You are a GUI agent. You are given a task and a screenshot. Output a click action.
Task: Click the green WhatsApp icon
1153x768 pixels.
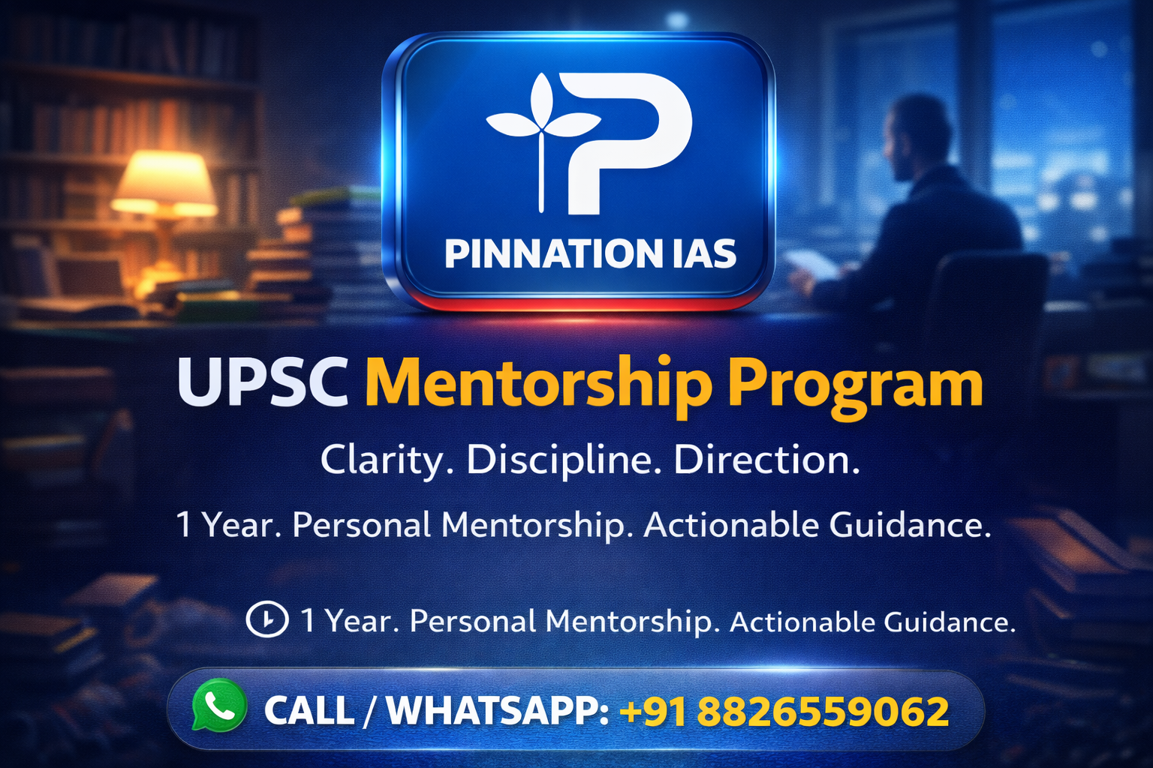click(218, 706)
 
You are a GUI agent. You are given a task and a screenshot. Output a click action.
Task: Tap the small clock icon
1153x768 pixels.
click(266, 620)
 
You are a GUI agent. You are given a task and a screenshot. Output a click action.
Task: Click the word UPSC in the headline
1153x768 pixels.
click(263, 382)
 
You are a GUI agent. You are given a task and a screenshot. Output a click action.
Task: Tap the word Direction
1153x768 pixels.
click(766, 460)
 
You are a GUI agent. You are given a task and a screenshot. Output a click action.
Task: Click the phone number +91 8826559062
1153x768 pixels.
click(785, 712)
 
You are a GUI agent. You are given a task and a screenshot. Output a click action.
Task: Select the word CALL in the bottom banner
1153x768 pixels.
click(309, 711)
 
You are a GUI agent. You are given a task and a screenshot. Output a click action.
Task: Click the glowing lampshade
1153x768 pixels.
click(164, 181)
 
